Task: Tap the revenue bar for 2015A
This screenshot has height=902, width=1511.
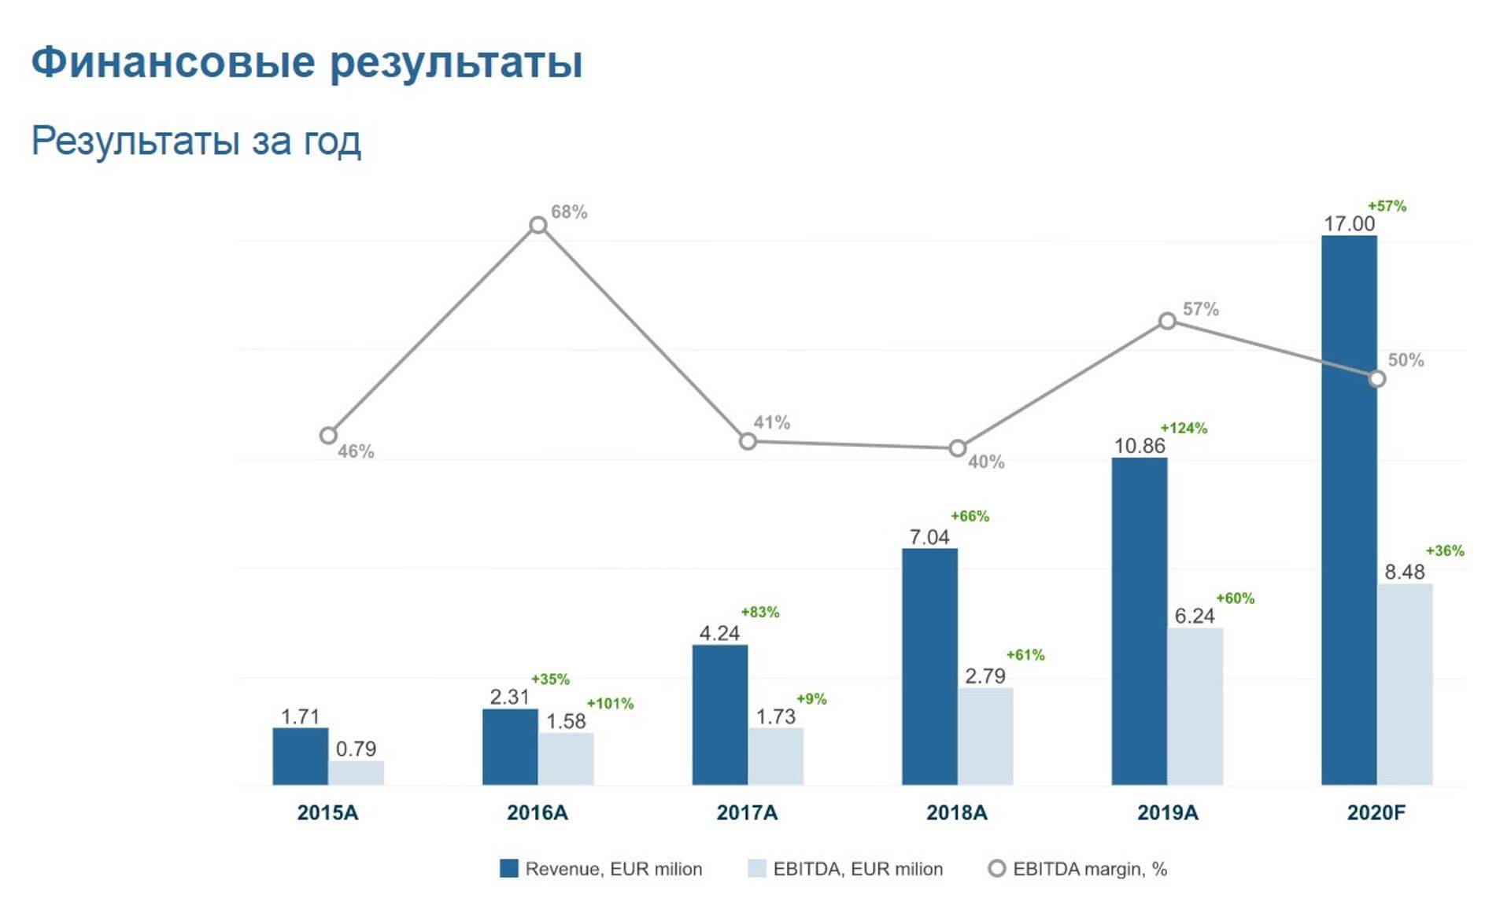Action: tap(300, 756)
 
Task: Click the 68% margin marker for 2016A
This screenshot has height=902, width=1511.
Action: tap(538, 226)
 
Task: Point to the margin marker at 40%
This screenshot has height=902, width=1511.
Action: tap(957, 448)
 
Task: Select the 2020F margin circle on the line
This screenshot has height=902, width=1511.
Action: tap(1376, 379)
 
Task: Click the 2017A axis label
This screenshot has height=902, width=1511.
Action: tap(747, 812)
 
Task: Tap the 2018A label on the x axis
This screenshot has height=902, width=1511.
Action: tap(956, 812)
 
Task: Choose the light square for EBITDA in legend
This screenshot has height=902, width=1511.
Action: tap(756, 869)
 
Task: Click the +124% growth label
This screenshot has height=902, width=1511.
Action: tap(1183, 429)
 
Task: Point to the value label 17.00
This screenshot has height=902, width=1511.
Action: tap(1349, 224)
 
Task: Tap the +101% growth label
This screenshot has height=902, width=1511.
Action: tap(610, 704)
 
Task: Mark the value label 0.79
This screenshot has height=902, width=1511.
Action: tap(356, 749)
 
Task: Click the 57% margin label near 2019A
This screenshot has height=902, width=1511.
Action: tap(1200, 309)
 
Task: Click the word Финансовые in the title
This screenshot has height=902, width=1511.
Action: tap(172, 62)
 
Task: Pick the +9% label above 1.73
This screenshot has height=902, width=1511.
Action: tap(811, 699)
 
